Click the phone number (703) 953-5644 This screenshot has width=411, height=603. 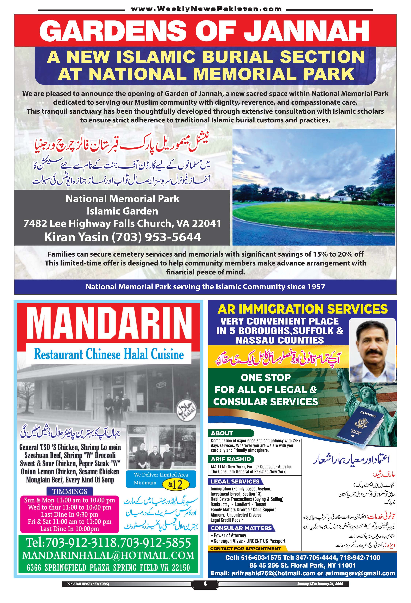156,237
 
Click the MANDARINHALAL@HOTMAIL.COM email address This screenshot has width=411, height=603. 108,555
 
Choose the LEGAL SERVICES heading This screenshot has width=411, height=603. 235,481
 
